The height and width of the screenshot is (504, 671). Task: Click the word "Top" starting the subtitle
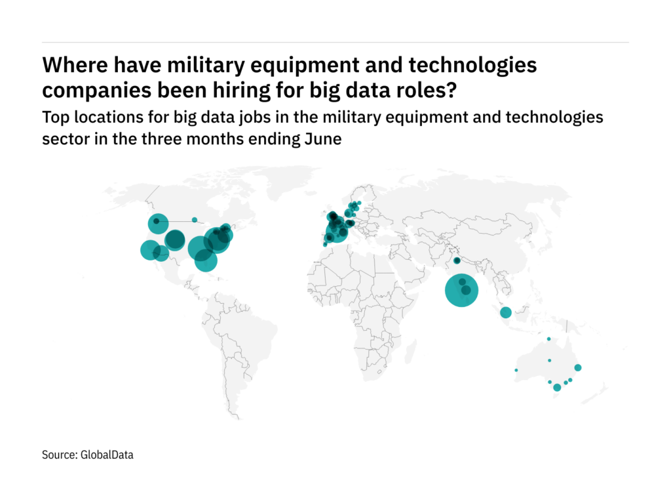[x=54, y=118]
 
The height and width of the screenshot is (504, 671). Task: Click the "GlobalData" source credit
[x=106, y=454]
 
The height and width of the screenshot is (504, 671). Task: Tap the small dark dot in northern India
[x=457, y=261]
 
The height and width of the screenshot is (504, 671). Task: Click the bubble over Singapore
[x=505, y=312]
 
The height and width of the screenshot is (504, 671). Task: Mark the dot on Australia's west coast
[x=516, y=370]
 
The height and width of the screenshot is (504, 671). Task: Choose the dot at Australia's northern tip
[x=548, y=339]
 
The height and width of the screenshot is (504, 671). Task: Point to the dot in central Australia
[x=549, y=360]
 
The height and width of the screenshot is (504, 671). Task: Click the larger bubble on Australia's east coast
[x=577, y=367]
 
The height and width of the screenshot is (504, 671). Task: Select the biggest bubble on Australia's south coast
[x=557, y=387]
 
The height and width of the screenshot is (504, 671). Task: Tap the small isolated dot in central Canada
[x=195, y=220]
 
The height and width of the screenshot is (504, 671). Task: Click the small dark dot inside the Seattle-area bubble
[x=157, y=222]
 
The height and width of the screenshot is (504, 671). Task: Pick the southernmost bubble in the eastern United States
[x=205, y=260]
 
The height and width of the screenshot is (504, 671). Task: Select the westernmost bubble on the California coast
[x=149, y=250]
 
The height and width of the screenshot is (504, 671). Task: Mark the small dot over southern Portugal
[x=323, y=245]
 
